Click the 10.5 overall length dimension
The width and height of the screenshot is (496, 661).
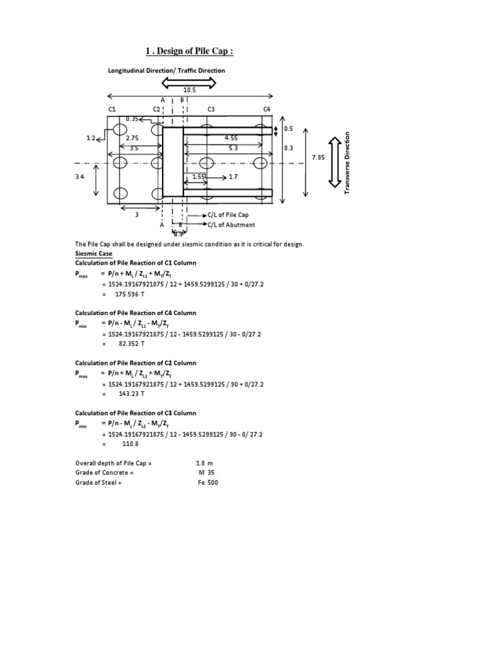click(189, 91)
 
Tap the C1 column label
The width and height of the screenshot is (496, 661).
click(112, 110)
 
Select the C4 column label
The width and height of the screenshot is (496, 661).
click(267, 110)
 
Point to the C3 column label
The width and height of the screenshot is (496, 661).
click(211, 110)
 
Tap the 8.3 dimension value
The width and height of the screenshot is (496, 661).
click(289, 148)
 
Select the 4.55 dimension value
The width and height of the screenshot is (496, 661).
click(231, 138)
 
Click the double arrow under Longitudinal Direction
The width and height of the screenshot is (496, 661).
click(189, 82)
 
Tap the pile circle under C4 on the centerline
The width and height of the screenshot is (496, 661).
click(260, 163)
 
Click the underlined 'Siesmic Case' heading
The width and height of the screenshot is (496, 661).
click(94, 254)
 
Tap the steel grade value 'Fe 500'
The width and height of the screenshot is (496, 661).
click(209, 482)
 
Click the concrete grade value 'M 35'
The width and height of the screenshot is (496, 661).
click(206, 473)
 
